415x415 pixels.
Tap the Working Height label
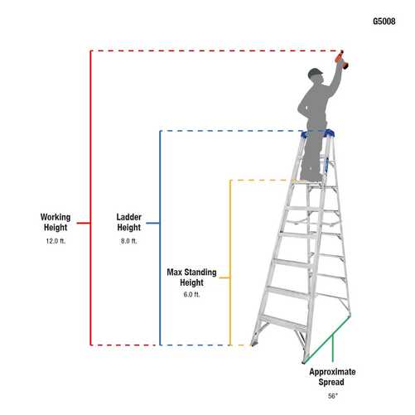pyautogui.click(x=55, y=222)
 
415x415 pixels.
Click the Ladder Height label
pyautogui.click(x=128, y=222)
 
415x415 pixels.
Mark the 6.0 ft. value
pyautogui.click(x=191, y=294)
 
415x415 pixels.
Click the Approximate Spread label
pyautogui.click(x=331, y=377)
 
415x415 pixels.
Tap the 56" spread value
pyautogui.click(x=331, y=396)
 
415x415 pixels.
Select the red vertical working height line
pyautogui.click(x=89, y=166)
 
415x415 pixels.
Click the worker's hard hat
pyautogui.click(x=314, y=73)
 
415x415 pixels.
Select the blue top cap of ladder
pyautogui.click(x=319, y=133)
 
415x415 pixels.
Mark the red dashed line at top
pyautogui.click(x=207, y=51)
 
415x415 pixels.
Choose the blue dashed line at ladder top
pyautogui.click(x=232, y=131)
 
